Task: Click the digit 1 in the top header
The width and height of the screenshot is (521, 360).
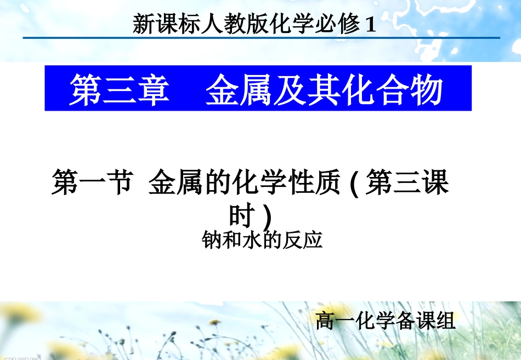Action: click(371, 25)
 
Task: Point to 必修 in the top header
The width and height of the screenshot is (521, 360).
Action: click(336, 25)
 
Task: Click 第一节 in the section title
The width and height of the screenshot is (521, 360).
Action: click(92, 183)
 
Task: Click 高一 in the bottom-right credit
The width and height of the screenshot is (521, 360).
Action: click(333, 321)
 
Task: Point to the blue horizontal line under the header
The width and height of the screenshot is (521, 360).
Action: click(261, 38)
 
